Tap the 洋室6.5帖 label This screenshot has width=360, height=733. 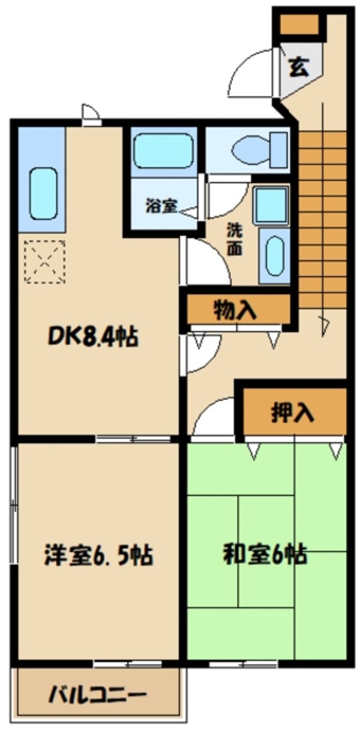[98, 555]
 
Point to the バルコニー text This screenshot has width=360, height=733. [97, 696]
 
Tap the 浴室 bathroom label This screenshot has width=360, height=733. [161, 206]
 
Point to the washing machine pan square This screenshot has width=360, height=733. [271, 205]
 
